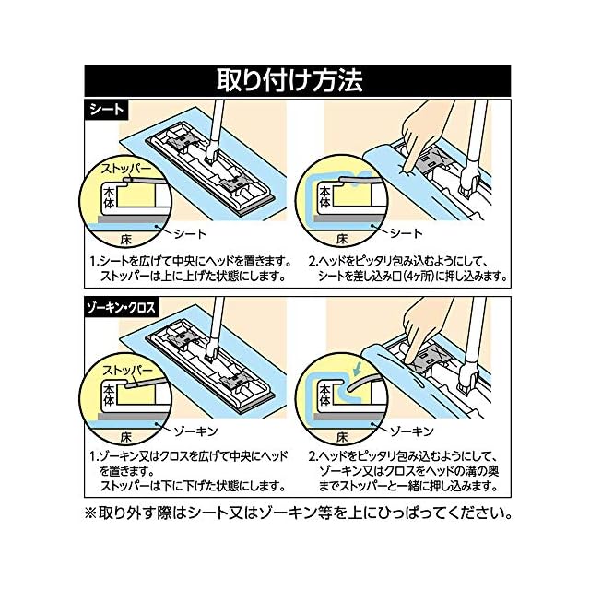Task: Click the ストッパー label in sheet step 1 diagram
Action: coord(120,171)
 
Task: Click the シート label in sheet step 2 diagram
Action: coord(407,231)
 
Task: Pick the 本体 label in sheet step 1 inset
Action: coord(109,197)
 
